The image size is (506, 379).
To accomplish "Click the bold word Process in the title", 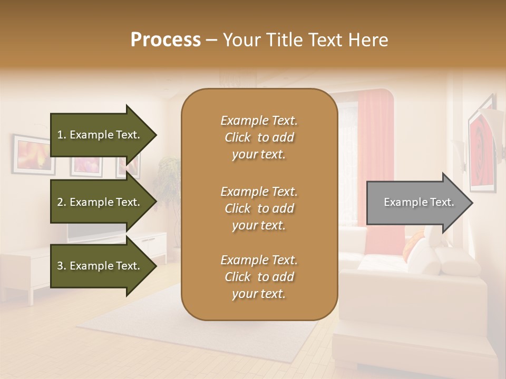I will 166,40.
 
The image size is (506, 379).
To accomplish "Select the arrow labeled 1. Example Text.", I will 100,135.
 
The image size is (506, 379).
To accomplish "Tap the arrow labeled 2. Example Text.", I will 100,202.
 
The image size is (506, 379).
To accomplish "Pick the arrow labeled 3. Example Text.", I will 100,266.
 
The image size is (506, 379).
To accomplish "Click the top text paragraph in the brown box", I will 259,137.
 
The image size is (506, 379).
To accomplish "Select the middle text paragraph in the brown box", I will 259,208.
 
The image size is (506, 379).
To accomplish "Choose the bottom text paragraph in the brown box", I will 259,277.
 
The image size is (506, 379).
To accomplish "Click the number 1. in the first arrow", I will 62,135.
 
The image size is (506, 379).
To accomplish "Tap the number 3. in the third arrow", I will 62,266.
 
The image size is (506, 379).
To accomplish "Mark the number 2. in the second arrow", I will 62,202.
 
